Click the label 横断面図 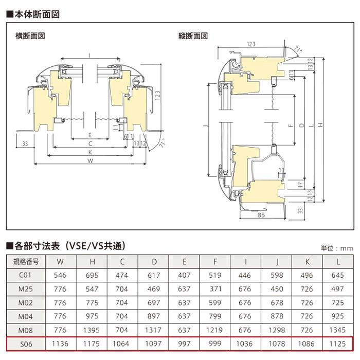pos(30,37)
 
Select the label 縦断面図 pos(193,37)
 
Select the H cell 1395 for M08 pos(93,330)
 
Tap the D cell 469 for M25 pos(154,289)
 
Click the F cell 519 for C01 pos(215,275)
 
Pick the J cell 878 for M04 pos(276,316)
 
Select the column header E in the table pos(184,261)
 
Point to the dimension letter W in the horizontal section pos(90,160)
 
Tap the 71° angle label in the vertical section pos(297,49)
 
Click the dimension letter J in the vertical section pos(205,125)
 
